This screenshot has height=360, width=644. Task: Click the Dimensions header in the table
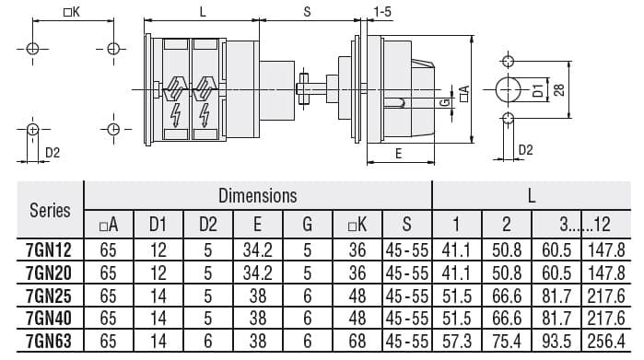(x=258, y=195)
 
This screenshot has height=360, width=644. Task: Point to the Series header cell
(x=50, y=210)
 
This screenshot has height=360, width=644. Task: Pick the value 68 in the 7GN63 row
(x=358, y=341)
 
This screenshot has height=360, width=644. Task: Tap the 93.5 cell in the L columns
(x=556, y=341)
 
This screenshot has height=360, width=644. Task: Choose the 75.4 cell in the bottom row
(x=506, y=341)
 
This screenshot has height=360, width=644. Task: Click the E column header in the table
(x=258, y=225)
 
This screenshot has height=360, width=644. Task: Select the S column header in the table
(x=406, y=225)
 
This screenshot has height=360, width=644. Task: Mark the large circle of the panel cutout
(x=508, y=89)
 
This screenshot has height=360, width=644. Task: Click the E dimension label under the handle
(x=398, y=154)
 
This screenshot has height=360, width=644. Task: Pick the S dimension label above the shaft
(x=307, y=11)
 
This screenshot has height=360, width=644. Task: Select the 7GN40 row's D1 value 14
(x=157, y=318)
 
